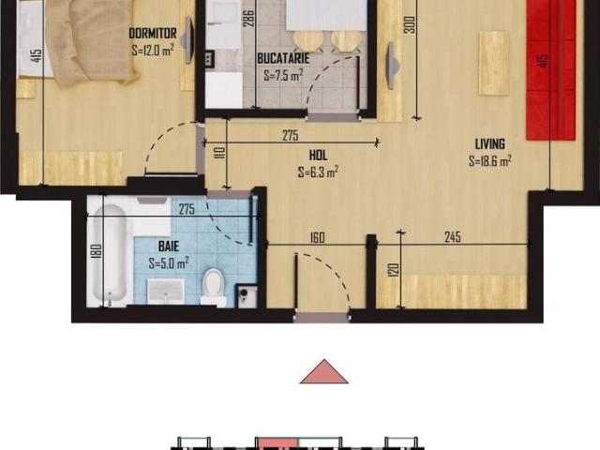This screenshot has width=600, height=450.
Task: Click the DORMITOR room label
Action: (153, 34)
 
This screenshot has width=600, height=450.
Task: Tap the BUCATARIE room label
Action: (284, 58)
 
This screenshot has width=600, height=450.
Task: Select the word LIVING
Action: (489, 143)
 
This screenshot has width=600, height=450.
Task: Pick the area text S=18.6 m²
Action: (489, 160)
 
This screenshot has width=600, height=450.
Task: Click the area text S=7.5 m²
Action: (284, 76)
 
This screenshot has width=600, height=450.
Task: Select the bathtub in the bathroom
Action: (111, 252)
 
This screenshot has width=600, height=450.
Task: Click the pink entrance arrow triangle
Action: (323, 372)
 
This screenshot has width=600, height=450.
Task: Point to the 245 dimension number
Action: (453, 237)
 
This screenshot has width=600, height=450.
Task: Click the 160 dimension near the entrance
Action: (316, 237)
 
